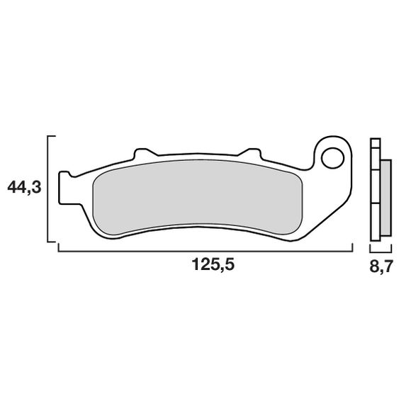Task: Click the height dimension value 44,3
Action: pyautogui.click(x=23, y=188)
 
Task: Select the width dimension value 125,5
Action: pyautogui.click(x=213, y=266)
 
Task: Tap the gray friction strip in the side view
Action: pyautogui.click(x=385, y=198)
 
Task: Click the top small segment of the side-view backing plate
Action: pyautogui.click(x=375, y=142)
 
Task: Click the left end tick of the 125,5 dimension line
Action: pyautogui.click(x=57, y=248)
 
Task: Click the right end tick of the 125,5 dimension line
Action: pyautogui.click(x=352, y=248)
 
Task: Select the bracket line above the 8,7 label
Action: pyautogui.click(x=380, y=250)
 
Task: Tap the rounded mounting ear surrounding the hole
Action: pyautogui.click(x=342, y=145)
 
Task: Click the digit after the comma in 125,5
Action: pyautogui.click(x=229, y=266)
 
